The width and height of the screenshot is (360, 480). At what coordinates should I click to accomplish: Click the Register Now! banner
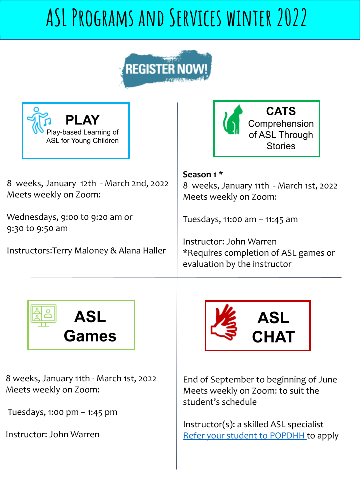pos(166,69)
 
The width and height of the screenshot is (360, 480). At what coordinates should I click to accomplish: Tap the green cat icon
pos(232,120)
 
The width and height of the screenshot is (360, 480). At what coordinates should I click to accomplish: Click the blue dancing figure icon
pos(39,120)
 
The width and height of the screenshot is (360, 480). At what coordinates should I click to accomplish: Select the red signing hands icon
pos(224,322)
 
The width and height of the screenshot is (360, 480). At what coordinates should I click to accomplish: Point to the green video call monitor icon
pos(44,315)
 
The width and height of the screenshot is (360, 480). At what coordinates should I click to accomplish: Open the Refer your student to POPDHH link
pos(245,435)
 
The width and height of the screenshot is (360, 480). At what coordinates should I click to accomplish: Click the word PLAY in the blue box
pos(82,120)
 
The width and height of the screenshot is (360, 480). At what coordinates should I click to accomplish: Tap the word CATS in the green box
pos(281,111)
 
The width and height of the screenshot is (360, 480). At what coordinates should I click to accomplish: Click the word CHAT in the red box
pos(273,337)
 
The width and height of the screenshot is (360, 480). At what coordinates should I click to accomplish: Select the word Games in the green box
pos(90,336)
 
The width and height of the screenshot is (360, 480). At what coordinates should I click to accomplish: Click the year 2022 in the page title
pos(291,18)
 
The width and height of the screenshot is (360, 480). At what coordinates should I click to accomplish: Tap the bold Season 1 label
pos(200,174)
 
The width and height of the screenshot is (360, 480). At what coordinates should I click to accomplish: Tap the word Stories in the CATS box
pos(281,146)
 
